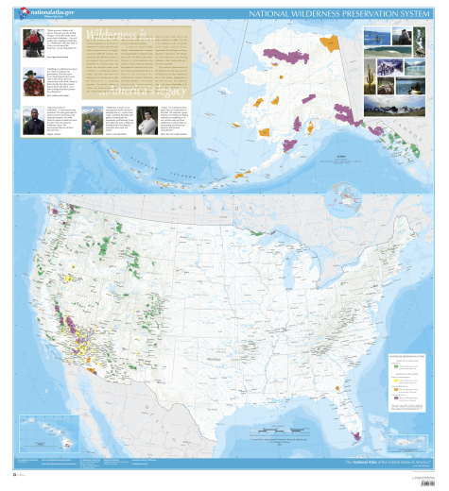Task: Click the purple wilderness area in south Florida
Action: pos(356,436)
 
